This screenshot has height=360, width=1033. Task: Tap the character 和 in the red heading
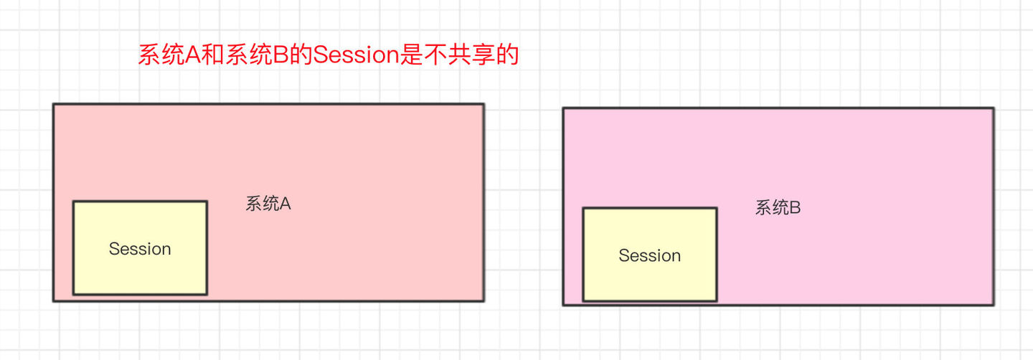pyautogui.click(x=212, y=55)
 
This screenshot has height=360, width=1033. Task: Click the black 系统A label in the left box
pyautogui.click(x=268, y=204)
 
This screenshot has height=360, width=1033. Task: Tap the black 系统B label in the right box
pyautogui.click(x=778, y=208)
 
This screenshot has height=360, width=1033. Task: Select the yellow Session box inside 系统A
pyautogui.click(x=140, y=247)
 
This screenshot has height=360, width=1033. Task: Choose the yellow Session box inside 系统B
pyautogui.click(x=649, y=255)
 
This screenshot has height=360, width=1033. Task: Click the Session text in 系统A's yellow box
pyautogui.click(x=140, y=249)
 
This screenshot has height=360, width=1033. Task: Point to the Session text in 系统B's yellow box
pyautogui.click(x=649, y=255)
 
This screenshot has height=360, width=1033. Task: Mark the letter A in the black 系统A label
pyautogui.click(x=285, y=204)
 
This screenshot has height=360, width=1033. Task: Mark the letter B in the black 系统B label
pyautogui.click(x=795, y=208)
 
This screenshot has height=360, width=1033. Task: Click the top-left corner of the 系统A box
pyautogui.click(x=54, y=105)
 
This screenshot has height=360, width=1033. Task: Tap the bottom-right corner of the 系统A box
pyautogui.click(x=483, y=300)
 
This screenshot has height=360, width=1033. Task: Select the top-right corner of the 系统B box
pyautogui.click(x=993, y=109)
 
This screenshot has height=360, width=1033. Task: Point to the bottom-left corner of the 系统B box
pyautogui.click(x=564, y=305)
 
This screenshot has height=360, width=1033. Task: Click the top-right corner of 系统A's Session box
pyautogui.click(x=207, y=202)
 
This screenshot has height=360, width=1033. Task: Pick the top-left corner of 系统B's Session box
pyautogui.click(x=583, y=209)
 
